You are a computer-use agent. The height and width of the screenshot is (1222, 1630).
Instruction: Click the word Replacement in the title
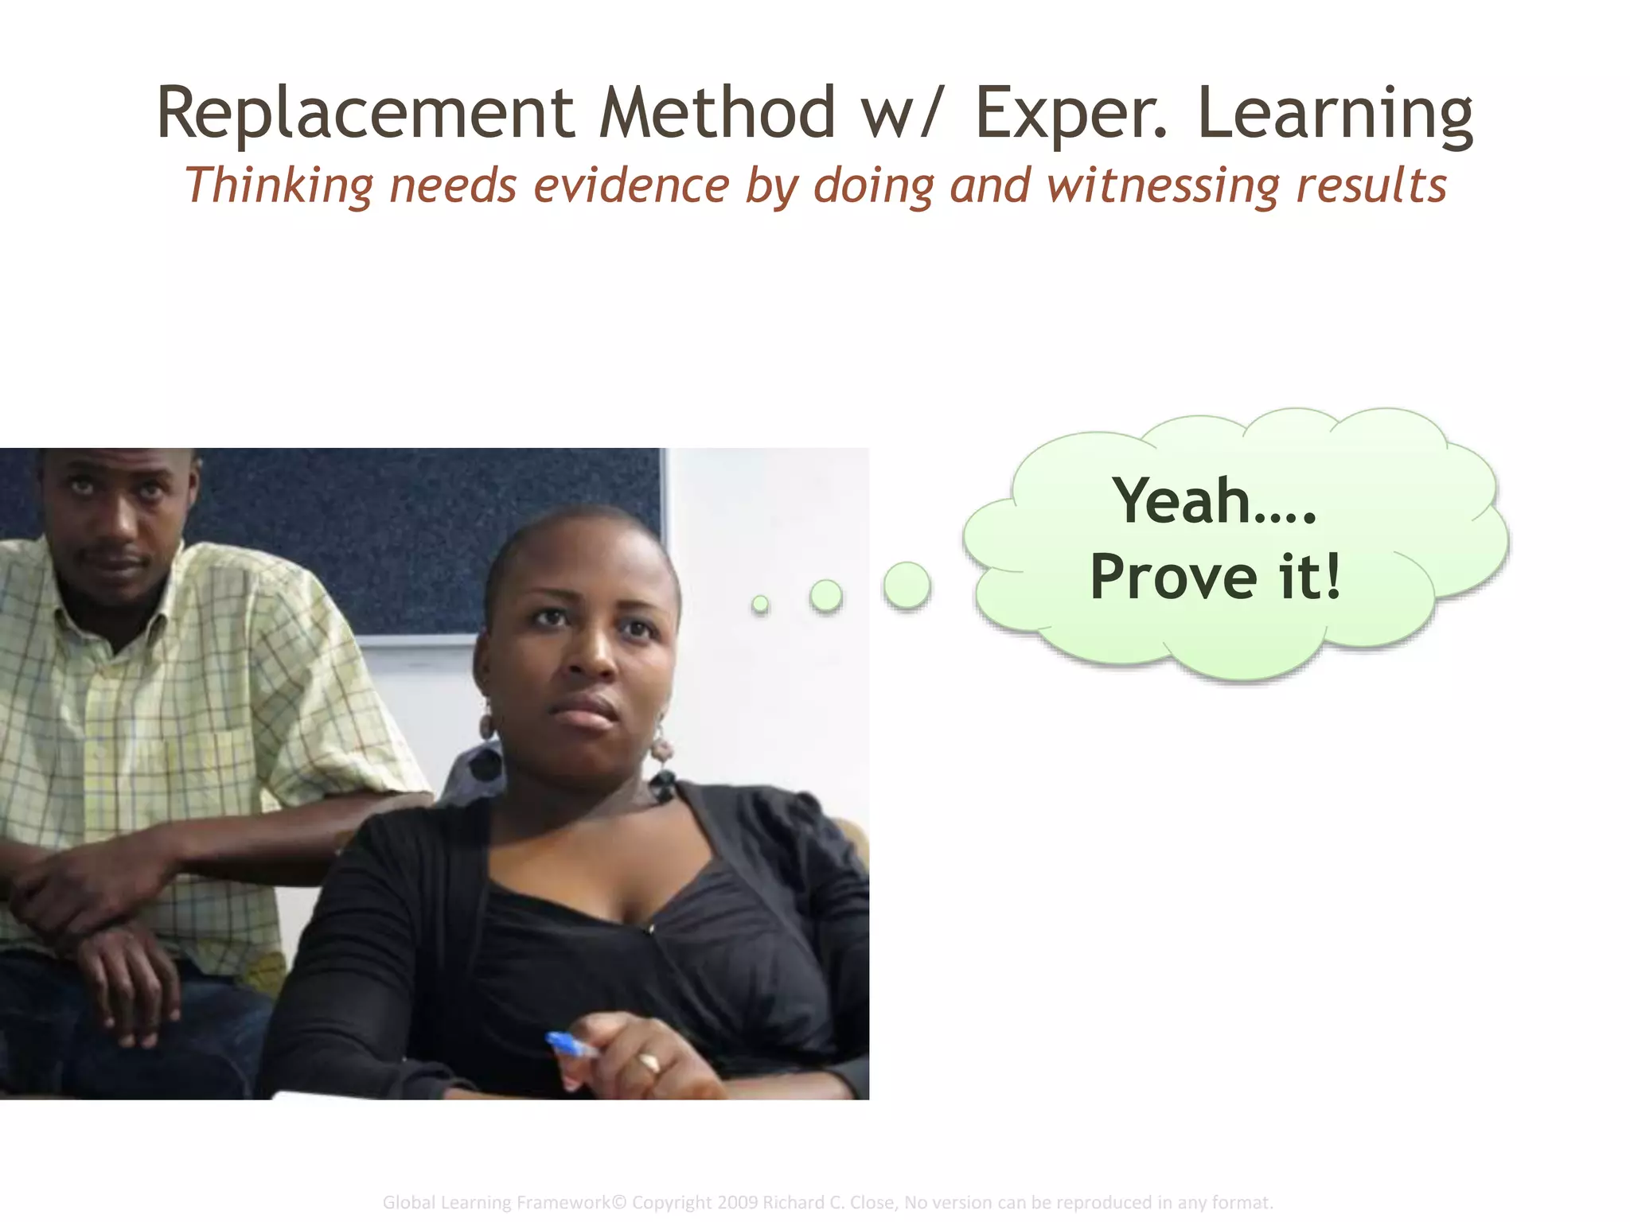click(x=365, y=113)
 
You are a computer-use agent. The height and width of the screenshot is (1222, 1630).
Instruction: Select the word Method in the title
click(x=716, y=113)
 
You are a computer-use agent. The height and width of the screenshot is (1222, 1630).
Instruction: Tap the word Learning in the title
click(x=1335, y=113)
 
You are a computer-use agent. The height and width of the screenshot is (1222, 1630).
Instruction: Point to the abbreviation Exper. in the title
click(x=1070, y=113)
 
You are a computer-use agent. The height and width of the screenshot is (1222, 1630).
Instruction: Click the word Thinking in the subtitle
click(x=279, y=186)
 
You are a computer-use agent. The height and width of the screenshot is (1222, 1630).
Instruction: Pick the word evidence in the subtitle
click(x=631, y=185)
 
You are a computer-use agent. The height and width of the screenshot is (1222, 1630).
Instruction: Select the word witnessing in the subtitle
click(x=1162, y=186)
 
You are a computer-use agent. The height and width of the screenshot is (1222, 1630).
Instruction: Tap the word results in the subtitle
click(x=1371, y=185)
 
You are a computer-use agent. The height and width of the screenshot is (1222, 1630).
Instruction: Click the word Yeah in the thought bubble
click(x=1182, y=500)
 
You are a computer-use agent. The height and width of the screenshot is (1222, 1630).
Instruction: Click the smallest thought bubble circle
click(x=761, y=605)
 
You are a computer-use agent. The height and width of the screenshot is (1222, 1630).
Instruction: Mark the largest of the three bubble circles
click(x=907, y=586)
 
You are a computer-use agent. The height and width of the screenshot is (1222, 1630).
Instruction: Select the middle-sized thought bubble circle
click(x=826, y=595)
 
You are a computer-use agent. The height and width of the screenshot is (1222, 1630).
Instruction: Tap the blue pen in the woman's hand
click(x=570, y=1045)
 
